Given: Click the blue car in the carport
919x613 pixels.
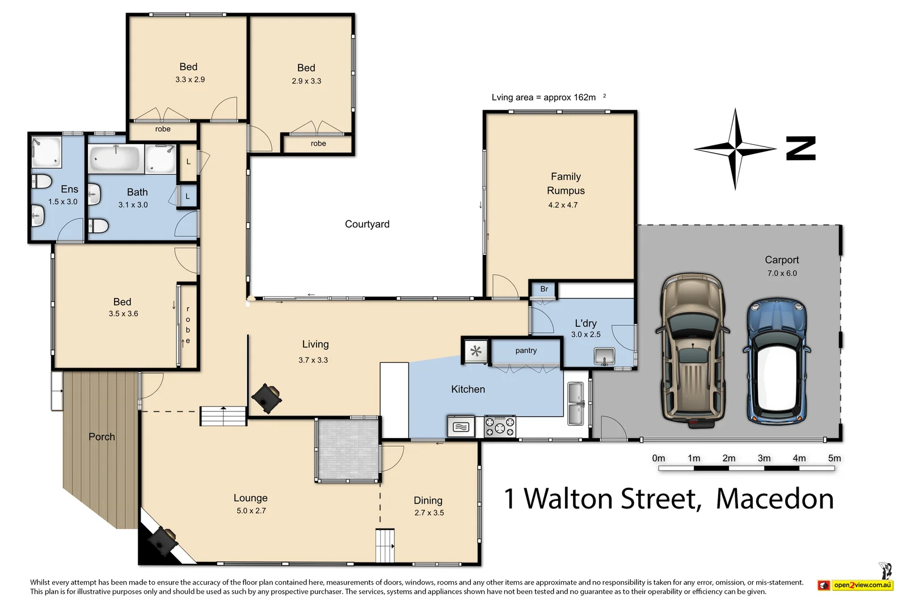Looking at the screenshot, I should click(x=777, y=363).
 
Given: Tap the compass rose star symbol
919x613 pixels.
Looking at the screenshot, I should click(x=735, y=149).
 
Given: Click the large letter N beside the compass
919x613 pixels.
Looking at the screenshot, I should click(x=801, y=149).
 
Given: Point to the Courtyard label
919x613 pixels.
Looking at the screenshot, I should click(x=367, y=224).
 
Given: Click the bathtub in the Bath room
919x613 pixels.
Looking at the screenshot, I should click(x=115, y=159).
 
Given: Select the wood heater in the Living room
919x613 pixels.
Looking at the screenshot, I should click(x=266, y=397).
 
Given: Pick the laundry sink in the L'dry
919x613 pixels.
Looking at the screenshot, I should click(x=605, y=356).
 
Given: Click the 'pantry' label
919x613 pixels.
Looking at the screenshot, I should click(x=526, y=351).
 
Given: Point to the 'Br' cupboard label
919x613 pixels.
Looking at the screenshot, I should click(x=544, y=289).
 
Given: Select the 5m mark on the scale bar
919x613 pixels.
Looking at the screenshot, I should click(x=834, y=459).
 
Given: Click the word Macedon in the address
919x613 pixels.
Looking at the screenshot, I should click(x=774, y=499).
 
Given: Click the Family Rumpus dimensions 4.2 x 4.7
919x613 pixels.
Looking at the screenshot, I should click(x=563, y=205).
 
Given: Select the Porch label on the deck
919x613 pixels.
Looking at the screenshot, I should click(x=102, y=436).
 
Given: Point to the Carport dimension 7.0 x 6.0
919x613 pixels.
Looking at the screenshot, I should click(x=782, y=274).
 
